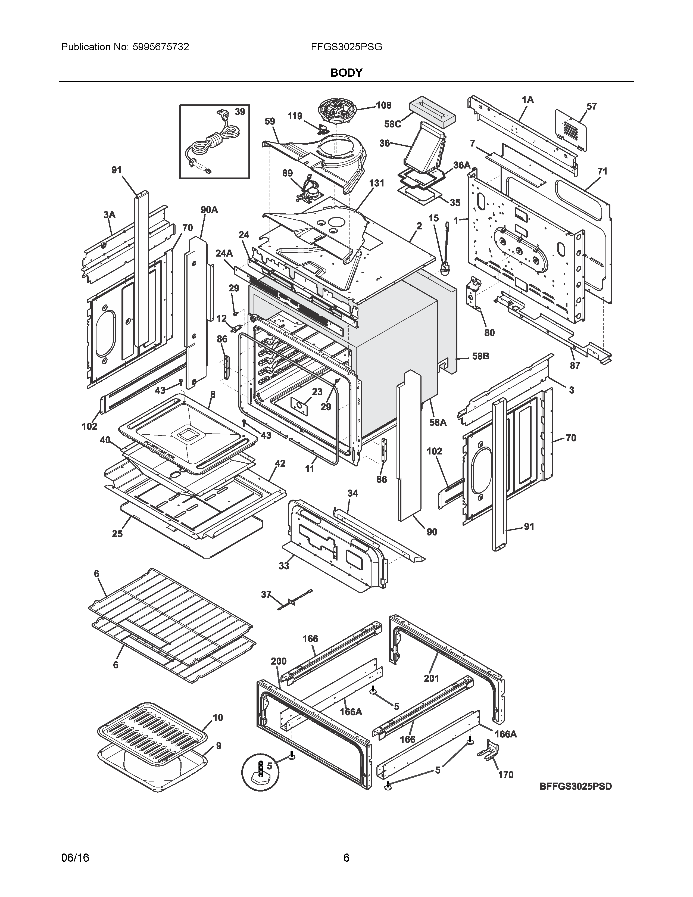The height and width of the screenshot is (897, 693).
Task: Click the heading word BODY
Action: point(346,73)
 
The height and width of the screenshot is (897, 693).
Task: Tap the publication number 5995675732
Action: point(161,47)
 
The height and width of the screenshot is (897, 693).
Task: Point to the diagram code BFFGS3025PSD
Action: point(575,786)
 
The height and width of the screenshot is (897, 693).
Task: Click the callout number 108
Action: point(383,105)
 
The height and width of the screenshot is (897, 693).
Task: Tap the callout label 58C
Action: point(392,124)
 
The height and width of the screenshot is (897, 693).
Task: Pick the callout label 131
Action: point(376,183)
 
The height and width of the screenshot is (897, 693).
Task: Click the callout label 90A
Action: point(209,210)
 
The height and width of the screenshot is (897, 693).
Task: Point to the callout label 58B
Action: point(480,356)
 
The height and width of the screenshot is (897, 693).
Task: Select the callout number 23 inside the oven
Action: point(317,392)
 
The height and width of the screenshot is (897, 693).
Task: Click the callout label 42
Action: point(280,463)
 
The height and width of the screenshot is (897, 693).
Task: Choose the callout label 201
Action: point(431,678)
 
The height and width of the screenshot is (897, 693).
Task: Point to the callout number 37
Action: point(266,594)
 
